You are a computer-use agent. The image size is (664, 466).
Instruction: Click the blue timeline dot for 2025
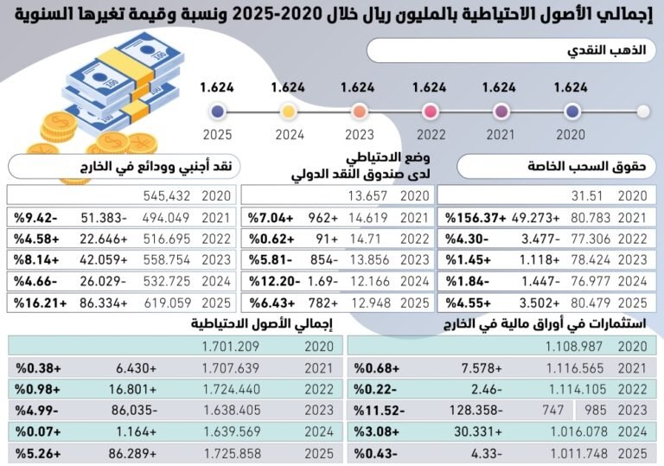pos(218,112)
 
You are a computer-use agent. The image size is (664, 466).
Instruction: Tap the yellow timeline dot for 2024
pos(289,112)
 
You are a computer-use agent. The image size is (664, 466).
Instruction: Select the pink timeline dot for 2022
pos(430,112)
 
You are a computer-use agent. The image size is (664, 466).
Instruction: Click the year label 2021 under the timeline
pos(500,135)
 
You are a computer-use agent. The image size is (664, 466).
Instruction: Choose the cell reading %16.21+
pos(36,303)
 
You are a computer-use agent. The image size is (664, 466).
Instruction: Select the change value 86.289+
pos(132,451)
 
